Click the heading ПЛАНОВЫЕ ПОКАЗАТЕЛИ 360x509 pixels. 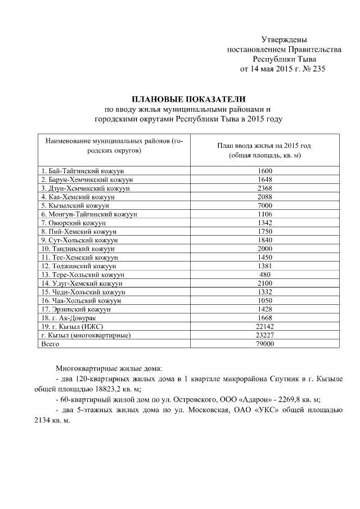point(188,99)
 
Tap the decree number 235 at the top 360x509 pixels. point(318,69)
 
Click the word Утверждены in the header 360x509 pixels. point(284,39)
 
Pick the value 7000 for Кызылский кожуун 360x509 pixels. point(264,206)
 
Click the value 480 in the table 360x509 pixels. point(264,274)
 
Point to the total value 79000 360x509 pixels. point(264,344)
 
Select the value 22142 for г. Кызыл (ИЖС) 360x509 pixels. point(264,327)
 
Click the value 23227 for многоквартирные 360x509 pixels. point(264,335)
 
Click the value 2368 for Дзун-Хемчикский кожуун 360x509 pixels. point(264,188)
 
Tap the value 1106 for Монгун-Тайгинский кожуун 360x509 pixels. point(264,214)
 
